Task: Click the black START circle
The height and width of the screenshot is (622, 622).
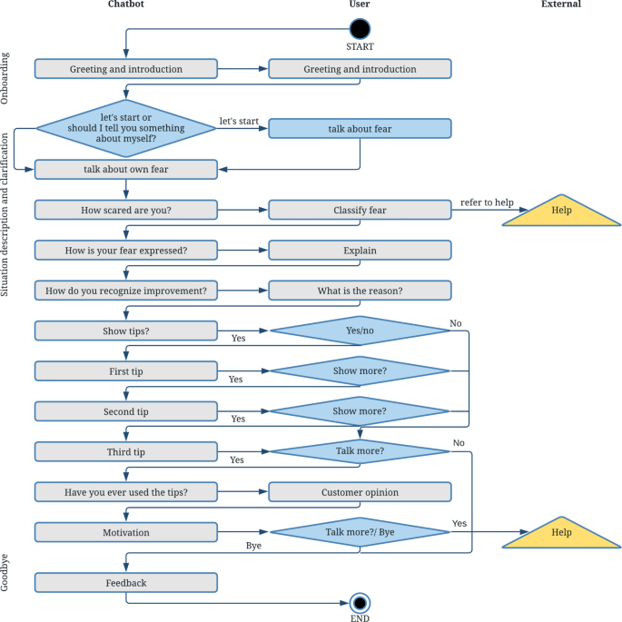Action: click(x=360, y=29)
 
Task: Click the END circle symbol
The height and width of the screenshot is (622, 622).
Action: click(x=360, y=603)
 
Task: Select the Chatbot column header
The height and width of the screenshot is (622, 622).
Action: click(x=125, y=5)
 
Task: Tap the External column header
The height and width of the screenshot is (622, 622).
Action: click(x=560, y=5)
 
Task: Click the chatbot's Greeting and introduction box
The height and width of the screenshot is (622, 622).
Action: click(x=126, y=69)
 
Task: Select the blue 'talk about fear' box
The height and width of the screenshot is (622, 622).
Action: click(x=360, y=129)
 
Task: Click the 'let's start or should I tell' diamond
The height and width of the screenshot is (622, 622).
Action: click(x=126, y=129)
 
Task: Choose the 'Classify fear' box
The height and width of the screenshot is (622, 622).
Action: click(x=360, y=210)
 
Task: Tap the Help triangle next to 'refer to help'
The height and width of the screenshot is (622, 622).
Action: click(x=562, y=212)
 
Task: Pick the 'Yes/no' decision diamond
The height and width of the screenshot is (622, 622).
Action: click(x=360, y=331)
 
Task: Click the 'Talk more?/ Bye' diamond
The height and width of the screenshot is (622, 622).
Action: click(x=360, y=533)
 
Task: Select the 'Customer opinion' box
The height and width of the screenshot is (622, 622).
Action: click(x=360, y=492)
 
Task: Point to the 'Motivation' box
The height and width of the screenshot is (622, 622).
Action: click(x=126, y=533)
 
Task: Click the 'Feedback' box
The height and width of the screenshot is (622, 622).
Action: click(x=126, y=583)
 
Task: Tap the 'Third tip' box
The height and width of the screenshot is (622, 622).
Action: click(x=126, y=451)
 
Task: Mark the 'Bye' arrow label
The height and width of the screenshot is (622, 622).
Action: click(x=254, y=546)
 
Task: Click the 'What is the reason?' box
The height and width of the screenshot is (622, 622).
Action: click(x=360, y=291)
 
